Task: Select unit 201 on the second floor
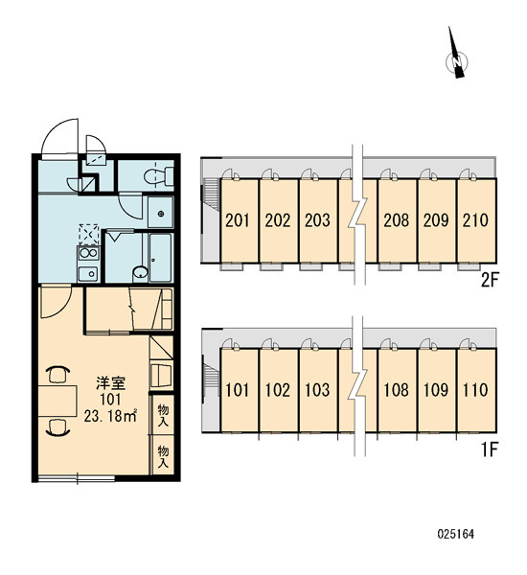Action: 240,220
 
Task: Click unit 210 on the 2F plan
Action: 477,220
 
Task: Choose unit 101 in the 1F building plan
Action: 240,390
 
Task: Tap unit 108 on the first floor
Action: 398,390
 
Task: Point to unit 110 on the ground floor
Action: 477,390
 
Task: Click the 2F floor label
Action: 490,281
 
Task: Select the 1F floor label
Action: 490,449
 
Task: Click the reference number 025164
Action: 455,534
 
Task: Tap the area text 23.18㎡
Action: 110,416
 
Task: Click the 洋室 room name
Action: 111,383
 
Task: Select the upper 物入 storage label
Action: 163,415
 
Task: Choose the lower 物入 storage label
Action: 163,456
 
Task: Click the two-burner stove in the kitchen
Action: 88,253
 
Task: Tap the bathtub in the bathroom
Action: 161,258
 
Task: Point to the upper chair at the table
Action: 57,375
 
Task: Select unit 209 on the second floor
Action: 437,220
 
